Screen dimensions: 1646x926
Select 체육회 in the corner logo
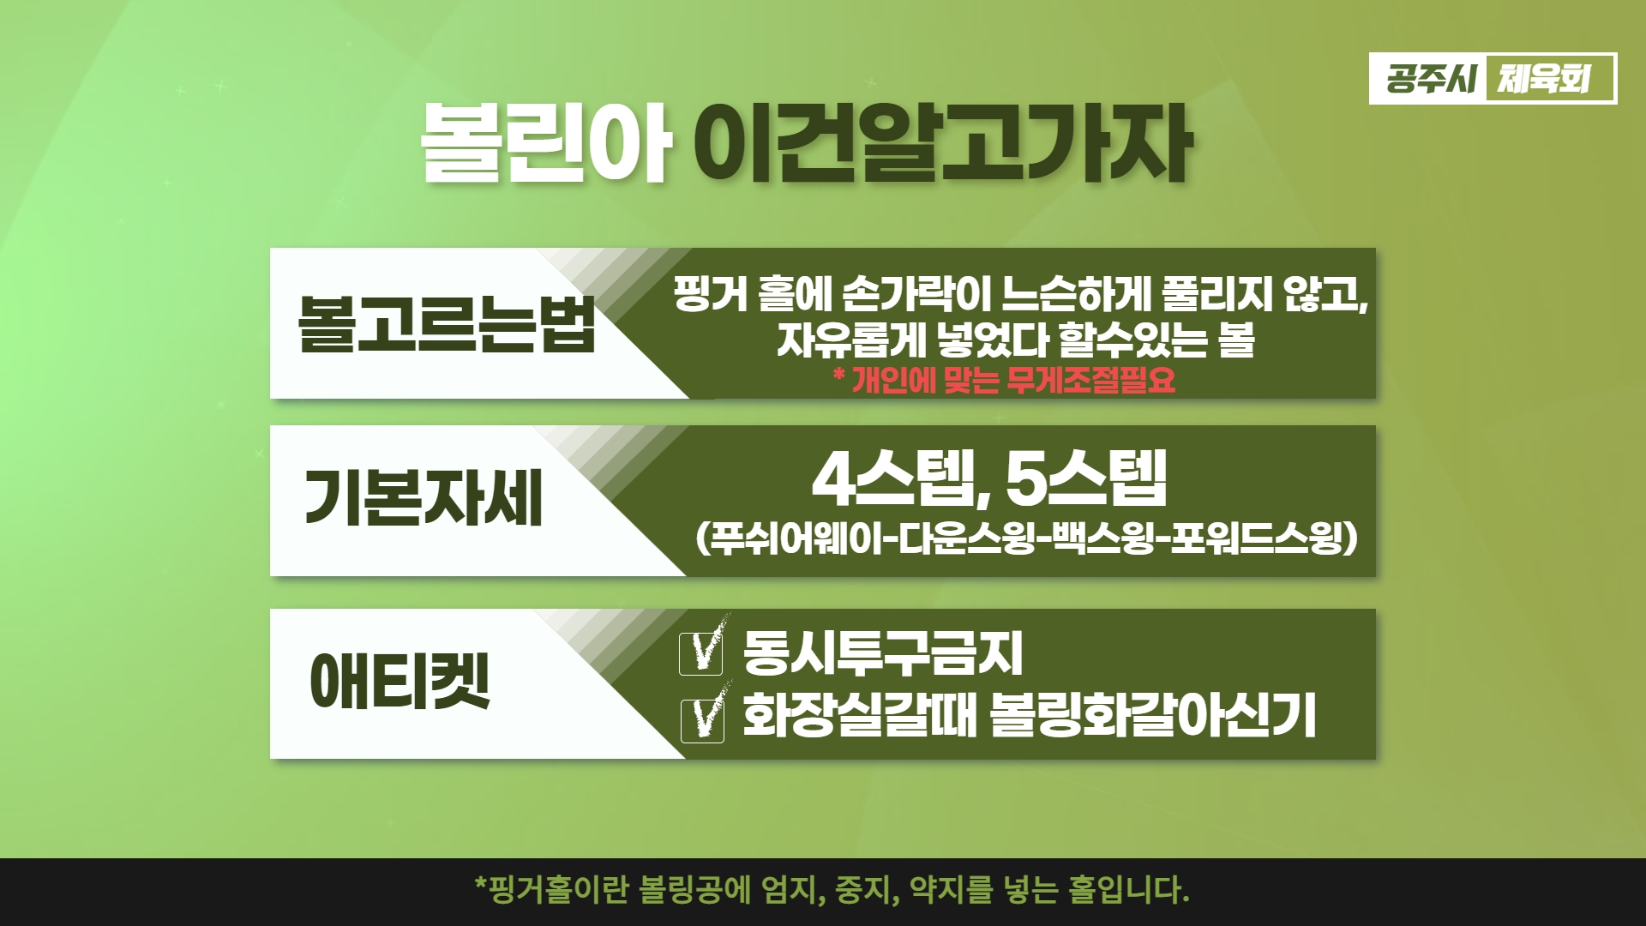point(1543,79)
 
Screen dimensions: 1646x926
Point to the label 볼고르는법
point(447,324)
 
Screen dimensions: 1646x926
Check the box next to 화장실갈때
point(701,719)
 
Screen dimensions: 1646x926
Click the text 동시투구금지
point(883,653)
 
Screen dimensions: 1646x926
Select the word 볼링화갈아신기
point(1152,717)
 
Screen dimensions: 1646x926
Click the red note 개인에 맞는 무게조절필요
point(1005,379)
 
